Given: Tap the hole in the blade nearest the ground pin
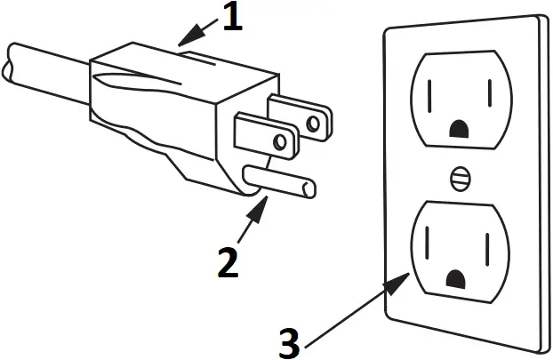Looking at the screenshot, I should pyautogui.click(x=280, y=140).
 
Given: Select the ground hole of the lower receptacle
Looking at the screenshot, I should pyautogui.click(x=459, y=281).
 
